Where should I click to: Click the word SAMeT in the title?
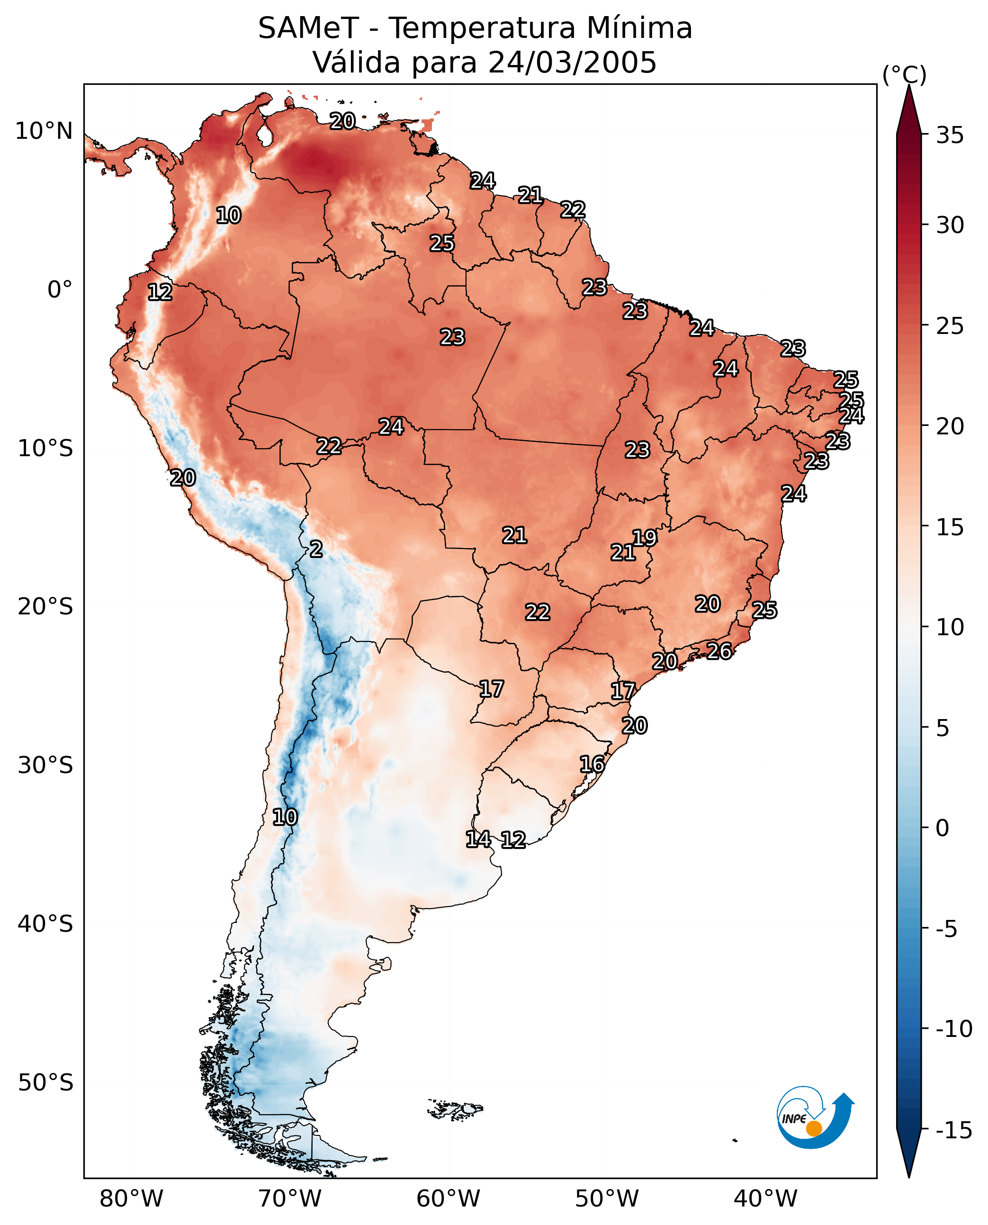(x=308, y=28)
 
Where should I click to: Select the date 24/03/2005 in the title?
(x=572, y=63)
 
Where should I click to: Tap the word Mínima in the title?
(x=639, y=28)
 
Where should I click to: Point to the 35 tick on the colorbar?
(x=950, y=135)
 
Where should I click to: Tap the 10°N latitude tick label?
(x=44, y=132)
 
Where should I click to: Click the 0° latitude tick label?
(x=60, y=290)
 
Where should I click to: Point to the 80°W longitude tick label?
(x=132, y=1199)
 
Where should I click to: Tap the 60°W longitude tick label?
(x=449, y=1199)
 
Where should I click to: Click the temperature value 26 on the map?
(x=719, y=651)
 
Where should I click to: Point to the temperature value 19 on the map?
(x=645, y=537)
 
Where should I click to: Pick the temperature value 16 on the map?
(x=592, y=764)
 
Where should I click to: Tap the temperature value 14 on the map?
(x=478, y=838)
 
